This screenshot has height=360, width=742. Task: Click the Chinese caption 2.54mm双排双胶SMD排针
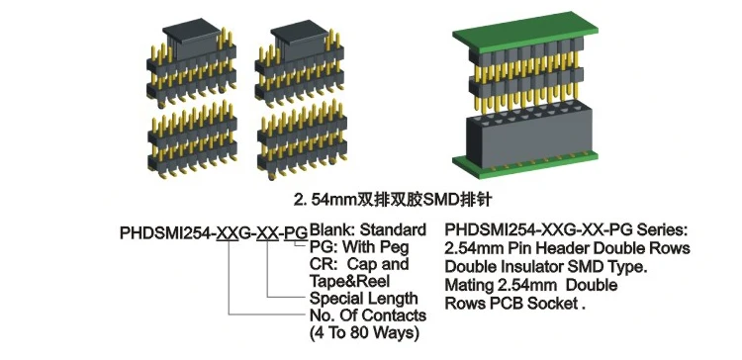(370, 197)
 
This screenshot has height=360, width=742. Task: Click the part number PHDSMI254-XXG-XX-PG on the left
(212, 234)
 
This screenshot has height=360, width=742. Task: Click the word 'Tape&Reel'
(349, 281)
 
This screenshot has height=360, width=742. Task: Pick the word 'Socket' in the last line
(553, 304)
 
